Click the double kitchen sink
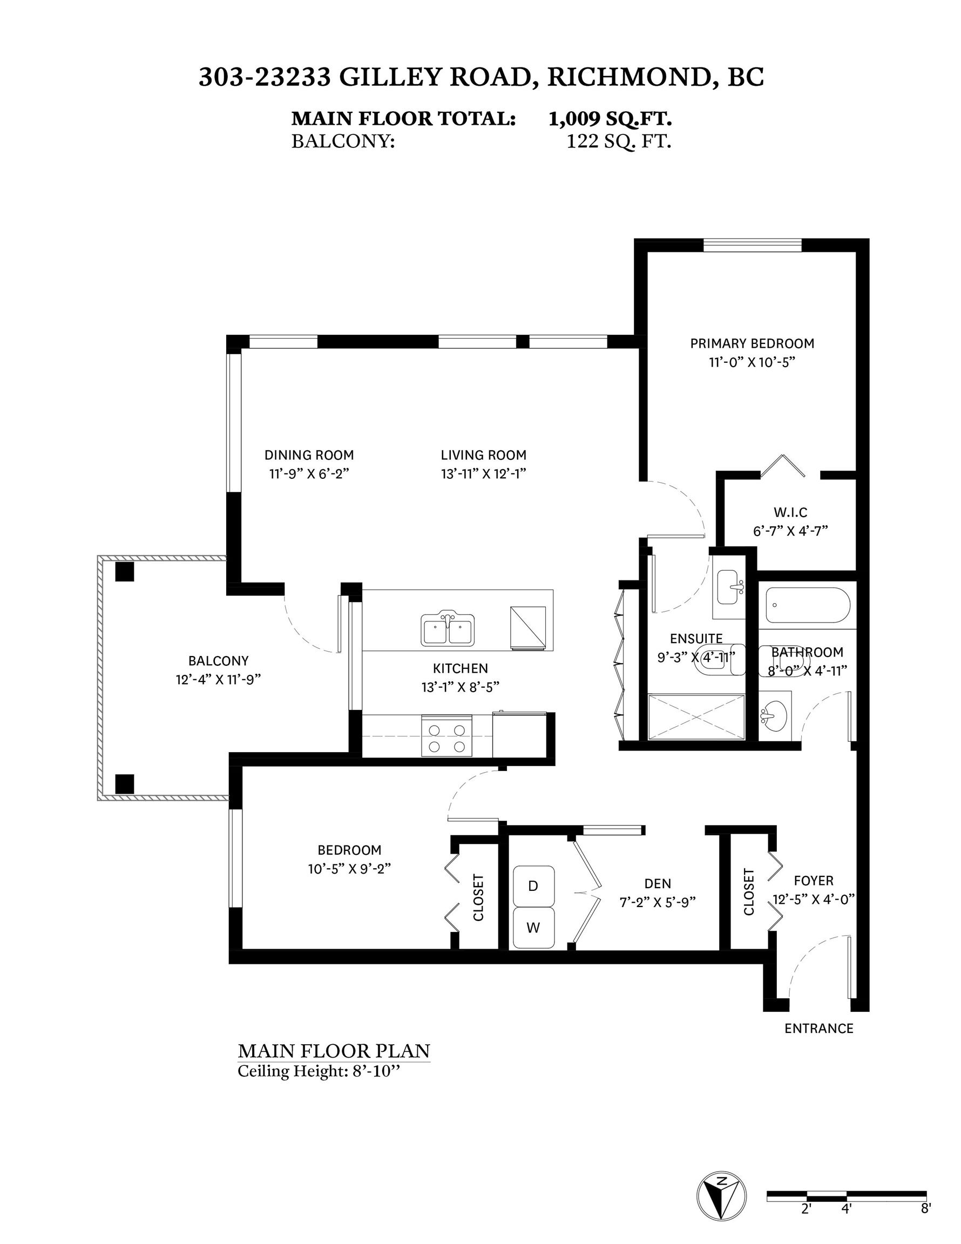[448, 629]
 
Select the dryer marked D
[533, 885]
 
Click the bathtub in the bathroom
[808, 605]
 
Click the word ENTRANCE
[818, 1028]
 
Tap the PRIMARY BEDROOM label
[752, 343]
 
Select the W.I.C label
[790, 512]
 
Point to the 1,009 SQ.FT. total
[610, 118]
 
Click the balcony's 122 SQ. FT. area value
[619, 141]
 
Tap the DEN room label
[658, 883]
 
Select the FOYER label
[814, 881]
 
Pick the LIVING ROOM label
[484, 455]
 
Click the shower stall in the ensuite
[696, 716]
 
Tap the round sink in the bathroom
[774, 712]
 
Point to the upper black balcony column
[124, 571]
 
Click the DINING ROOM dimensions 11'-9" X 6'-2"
[309, 474]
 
